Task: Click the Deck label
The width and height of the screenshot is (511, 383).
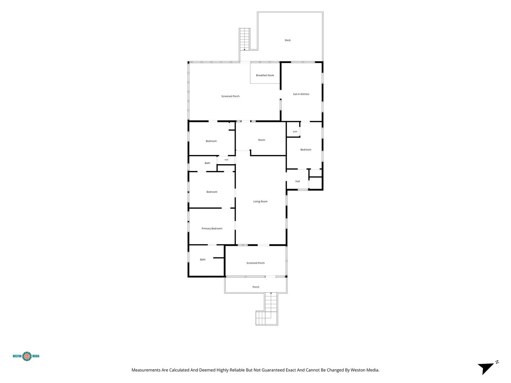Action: coord(287,40)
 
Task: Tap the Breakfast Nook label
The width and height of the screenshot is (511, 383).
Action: coord(265,75)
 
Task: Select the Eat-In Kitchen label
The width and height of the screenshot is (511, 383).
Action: coord(301,94)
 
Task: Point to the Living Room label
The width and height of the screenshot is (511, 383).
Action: coord(260,202)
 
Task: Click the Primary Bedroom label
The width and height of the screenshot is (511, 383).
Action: coord(211,229)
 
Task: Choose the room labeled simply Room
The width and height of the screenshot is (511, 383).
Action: coord(262,140)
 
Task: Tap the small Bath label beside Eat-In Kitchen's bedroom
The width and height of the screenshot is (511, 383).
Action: coord(295,132)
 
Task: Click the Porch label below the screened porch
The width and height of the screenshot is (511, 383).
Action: coord(255,287)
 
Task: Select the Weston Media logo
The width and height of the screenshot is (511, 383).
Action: coord(26,356)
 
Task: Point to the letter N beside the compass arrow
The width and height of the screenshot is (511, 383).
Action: coord(497,362)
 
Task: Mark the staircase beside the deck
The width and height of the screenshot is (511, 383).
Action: coord(244,39)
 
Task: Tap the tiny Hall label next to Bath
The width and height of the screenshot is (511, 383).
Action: coord(226,160)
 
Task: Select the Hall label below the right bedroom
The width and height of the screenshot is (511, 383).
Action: coord(297,181)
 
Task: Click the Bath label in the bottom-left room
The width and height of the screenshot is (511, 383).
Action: coord(203,260)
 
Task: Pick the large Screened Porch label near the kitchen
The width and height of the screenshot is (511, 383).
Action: coord(230,96)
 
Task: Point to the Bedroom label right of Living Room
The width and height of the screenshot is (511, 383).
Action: coord(306,150)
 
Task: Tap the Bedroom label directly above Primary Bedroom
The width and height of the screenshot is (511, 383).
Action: coord(211,192)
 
